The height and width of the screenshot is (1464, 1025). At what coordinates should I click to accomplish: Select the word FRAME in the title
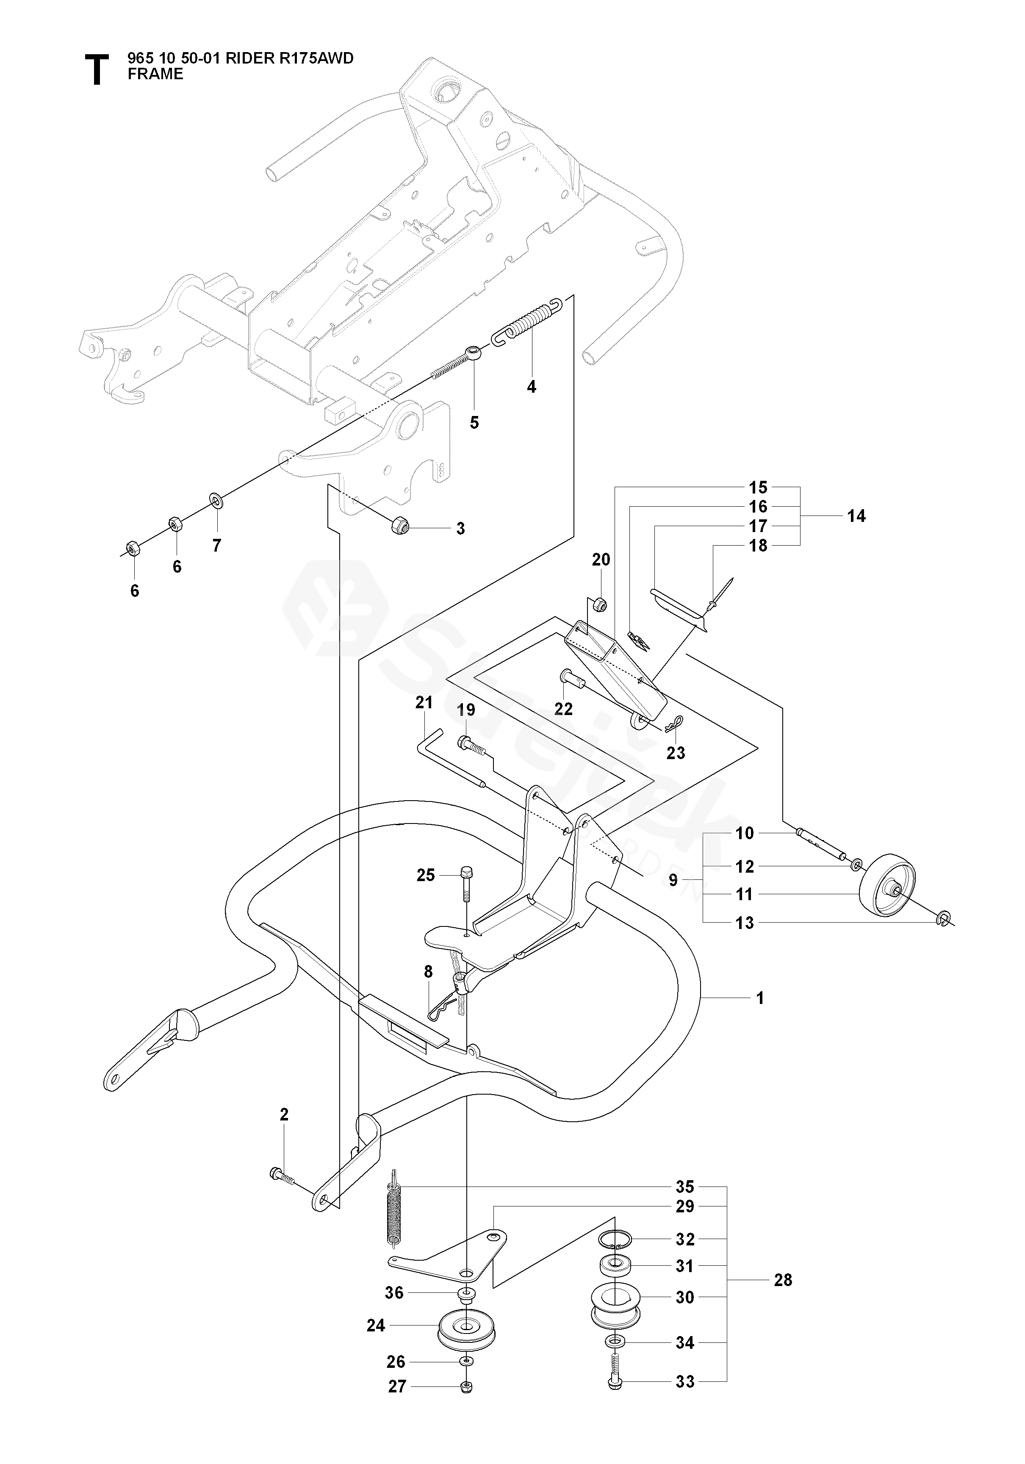155,75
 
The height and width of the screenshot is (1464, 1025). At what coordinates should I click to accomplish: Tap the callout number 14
856,516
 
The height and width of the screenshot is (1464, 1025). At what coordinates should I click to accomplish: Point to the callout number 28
783,1280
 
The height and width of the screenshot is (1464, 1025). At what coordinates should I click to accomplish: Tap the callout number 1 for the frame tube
759,998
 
